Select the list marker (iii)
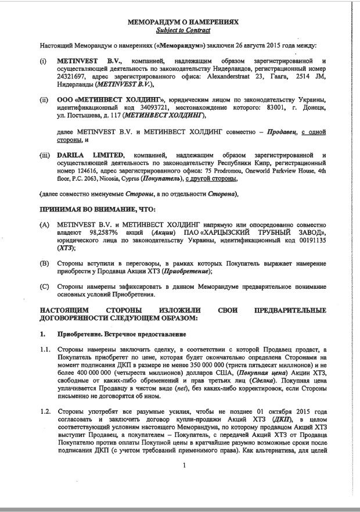click(x=45, y=155)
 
